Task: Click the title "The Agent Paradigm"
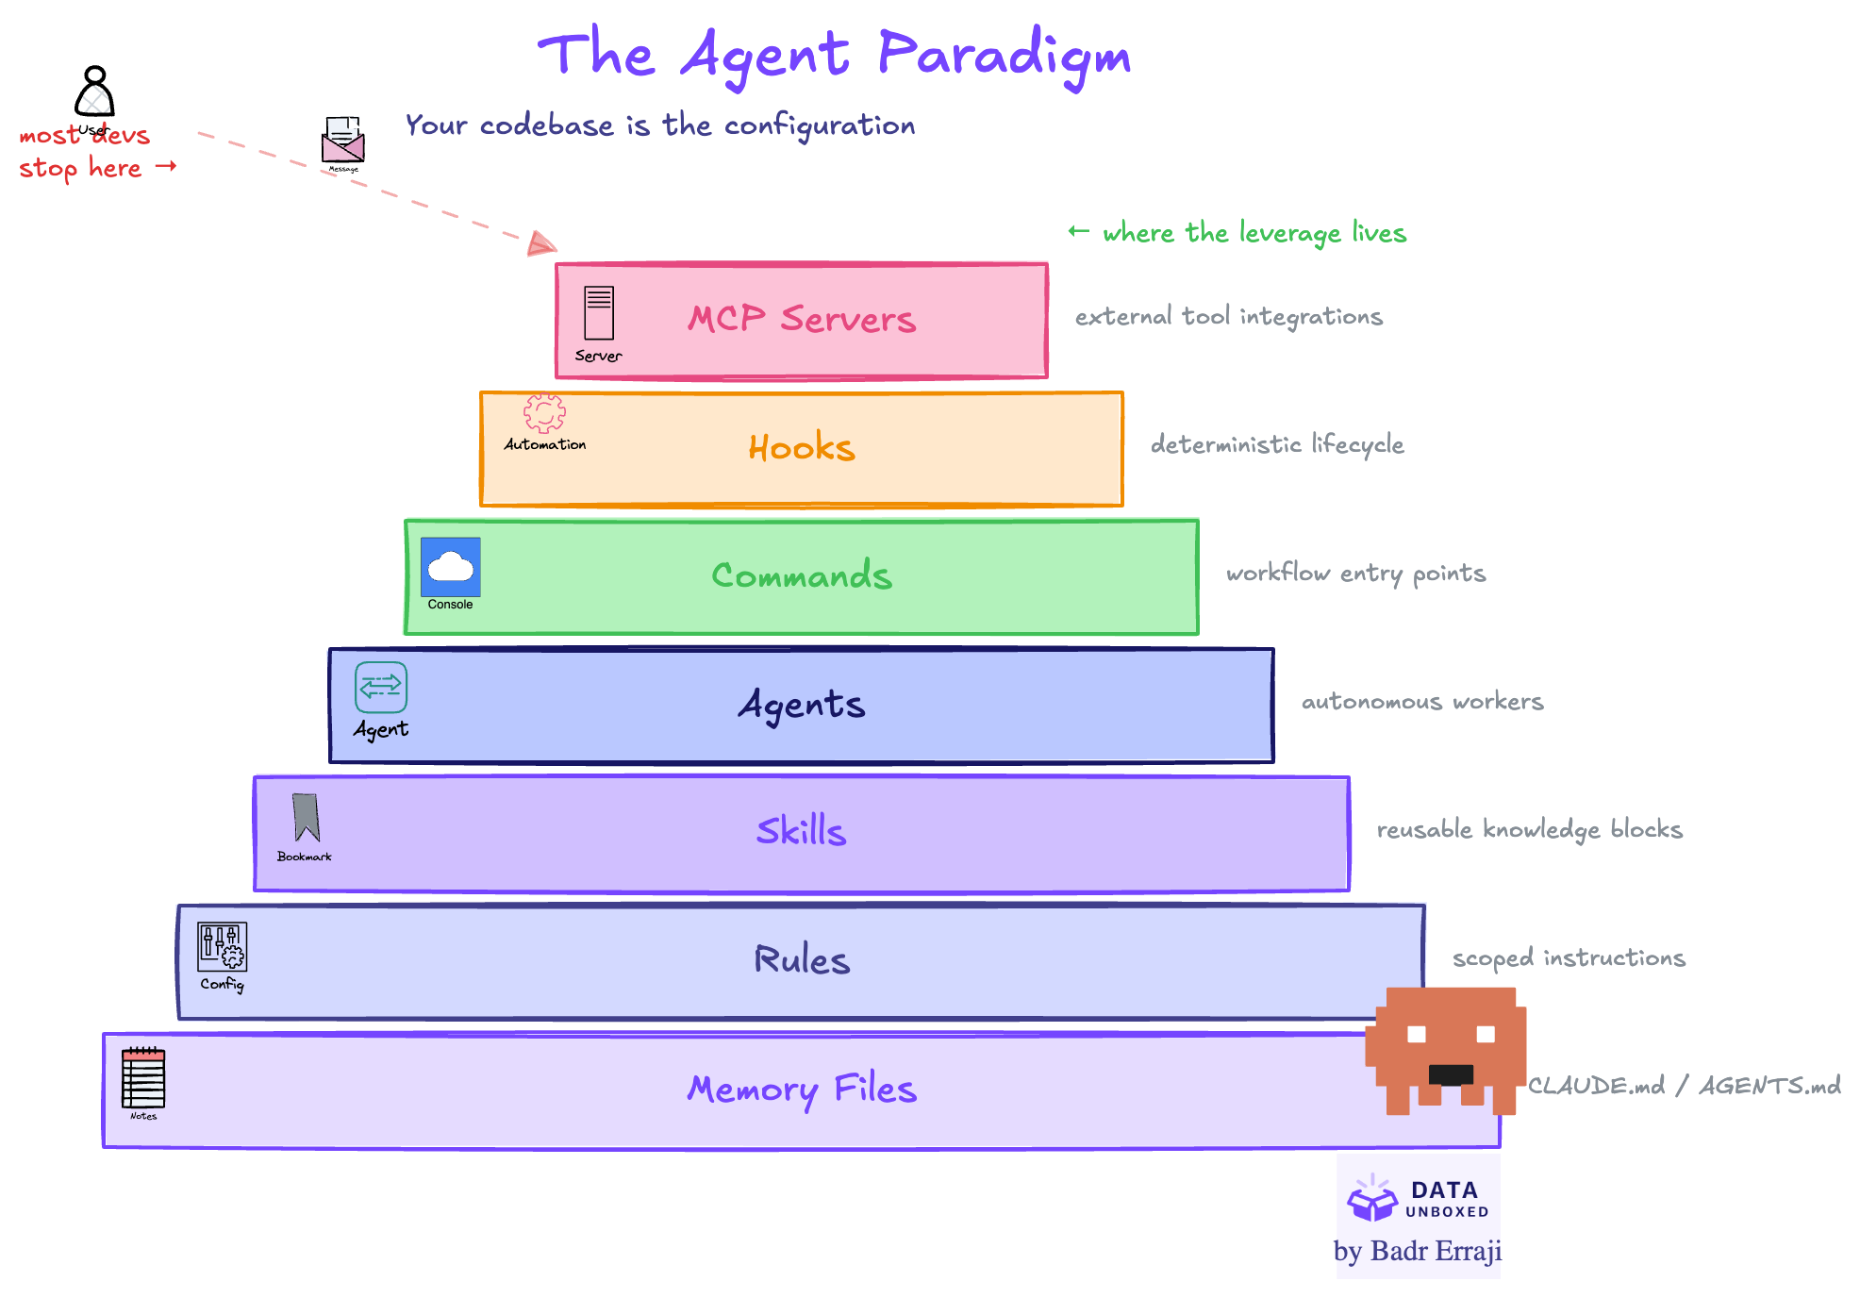coord(834,55)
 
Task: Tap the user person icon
coord(94,92)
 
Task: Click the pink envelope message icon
coord(342,141)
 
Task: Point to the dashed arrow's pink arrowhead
coord(540,244)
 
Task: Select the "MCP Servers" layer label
coord(802,319)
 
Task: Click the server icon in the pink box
coord(599,312)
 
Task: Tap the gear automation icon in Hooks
coord(544,413)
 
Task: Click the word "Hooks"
coord(802,448)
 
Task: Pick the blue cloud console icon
coord(451,567)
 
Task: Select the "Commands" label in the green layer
coord(802,575)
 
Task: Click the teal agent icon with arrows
coord(381,687)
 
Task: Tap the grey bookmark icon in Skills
coord(306,817)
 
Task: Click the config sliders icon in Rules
coord(222,946)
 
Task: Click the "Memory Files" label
coord(802,1089)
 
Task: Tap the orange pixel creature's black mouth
coord(1451,1074)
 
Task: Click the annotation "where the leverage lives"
coord(1254,233)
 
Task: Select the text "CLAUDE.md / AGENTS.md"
coord(1684,1086)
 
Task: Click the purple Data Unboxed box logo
coord(1371,1199)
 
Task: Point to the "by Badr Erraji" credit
coord(1417,1252)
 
